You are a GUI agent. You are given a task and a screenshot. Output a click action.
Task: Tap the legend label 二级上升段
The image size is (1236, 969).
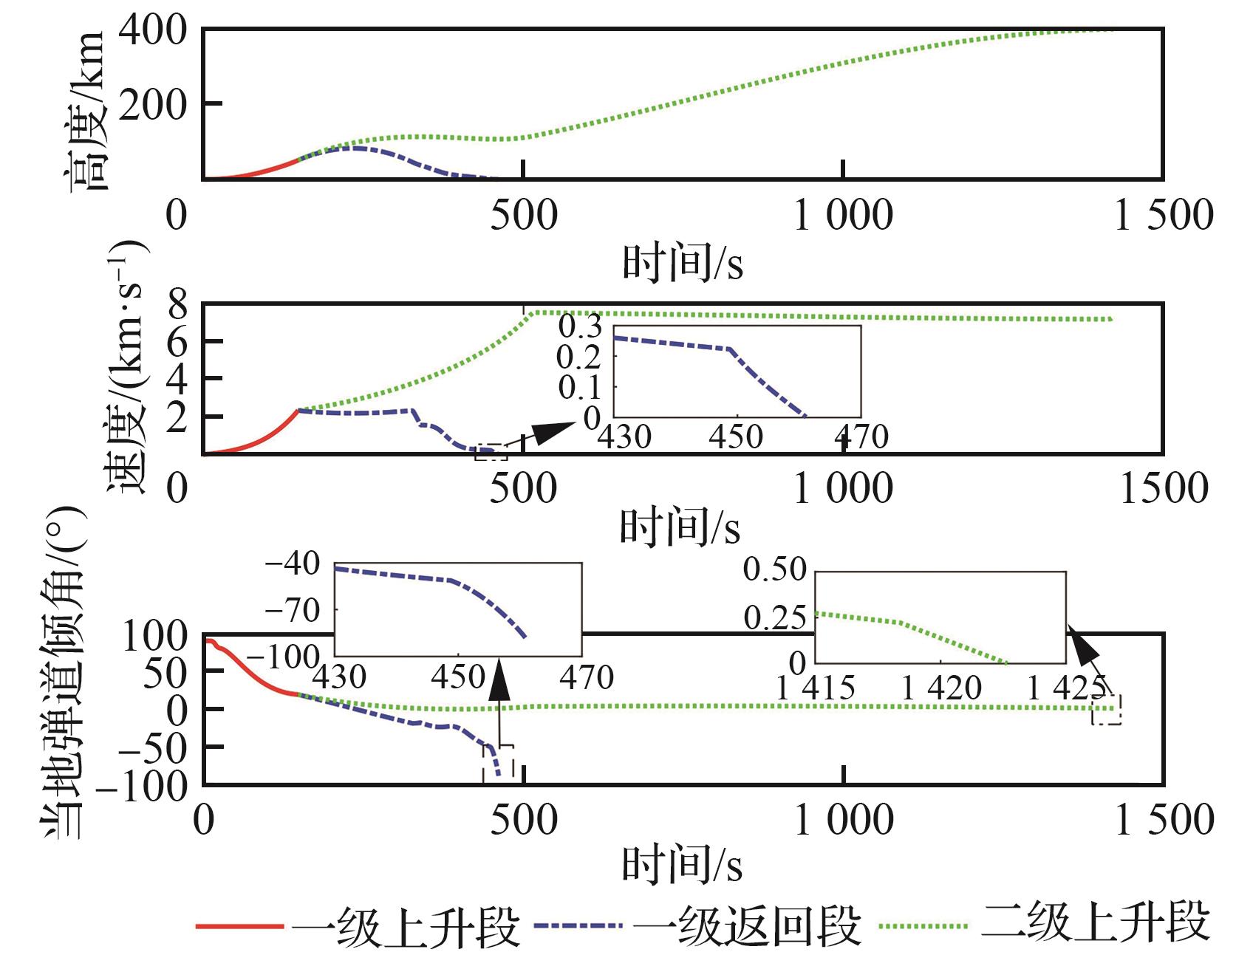tap(1096, 923)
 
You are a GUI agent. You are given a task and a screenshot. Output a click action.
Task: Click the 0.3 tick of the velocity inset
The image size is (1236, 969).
tap(580, 326)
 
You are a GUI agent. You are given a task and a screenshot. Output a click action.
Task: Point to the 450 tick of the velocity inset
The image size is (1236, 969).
tap(735, 436)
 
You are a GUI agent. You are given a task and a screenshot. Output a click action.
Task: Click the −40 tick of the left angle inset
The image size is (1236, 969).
tap(293, 565)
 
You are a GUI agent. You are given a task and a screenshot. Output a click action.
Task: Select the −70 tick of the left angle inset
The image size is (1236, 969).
tap(293, 611)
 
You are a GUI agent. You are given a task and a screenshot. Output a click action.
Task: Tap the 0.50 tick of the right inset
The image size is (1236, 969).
tap(774, 569)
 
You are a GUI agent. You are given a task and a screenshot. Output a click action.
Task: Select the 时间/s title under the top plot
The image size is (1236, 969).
tap(681, 262)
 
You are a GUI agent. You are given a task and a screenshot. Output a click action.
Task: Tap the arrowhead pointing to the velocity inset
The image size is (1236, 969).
tap(552, 431)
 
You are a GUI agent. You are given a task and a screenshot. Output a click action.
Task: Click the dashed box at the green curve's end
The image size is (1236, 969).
tap(1107, 709)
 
